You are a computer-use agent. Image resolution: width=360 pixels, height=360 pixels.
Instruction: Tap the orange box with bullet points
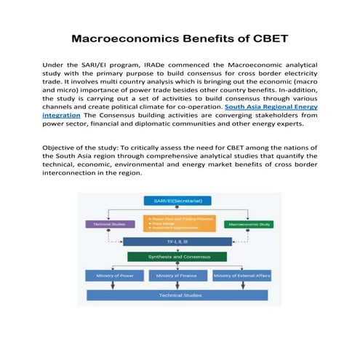pyautogui.click(x=179, y=223)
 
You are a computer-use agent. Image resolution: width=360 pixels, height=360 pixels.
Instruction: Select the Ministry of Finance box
pyautogui.click(x=177, y=276)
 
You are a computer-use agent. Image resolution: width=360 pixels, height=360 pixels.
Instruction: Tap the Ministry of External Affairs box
pyautogui.click(x=242, y=276)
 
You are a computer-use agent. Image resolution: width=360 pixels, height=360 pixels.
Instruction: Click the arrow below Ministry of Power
pyautogui.click(x=113, y=286)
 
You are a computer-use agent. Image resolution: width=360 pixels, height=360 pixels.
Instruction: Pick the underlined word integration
pyautogui.click(x=62, y=115)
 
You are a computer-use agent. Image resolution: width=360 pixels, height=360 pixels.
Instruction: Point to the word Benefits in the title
pyautogui.click(x=204, y=38)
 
